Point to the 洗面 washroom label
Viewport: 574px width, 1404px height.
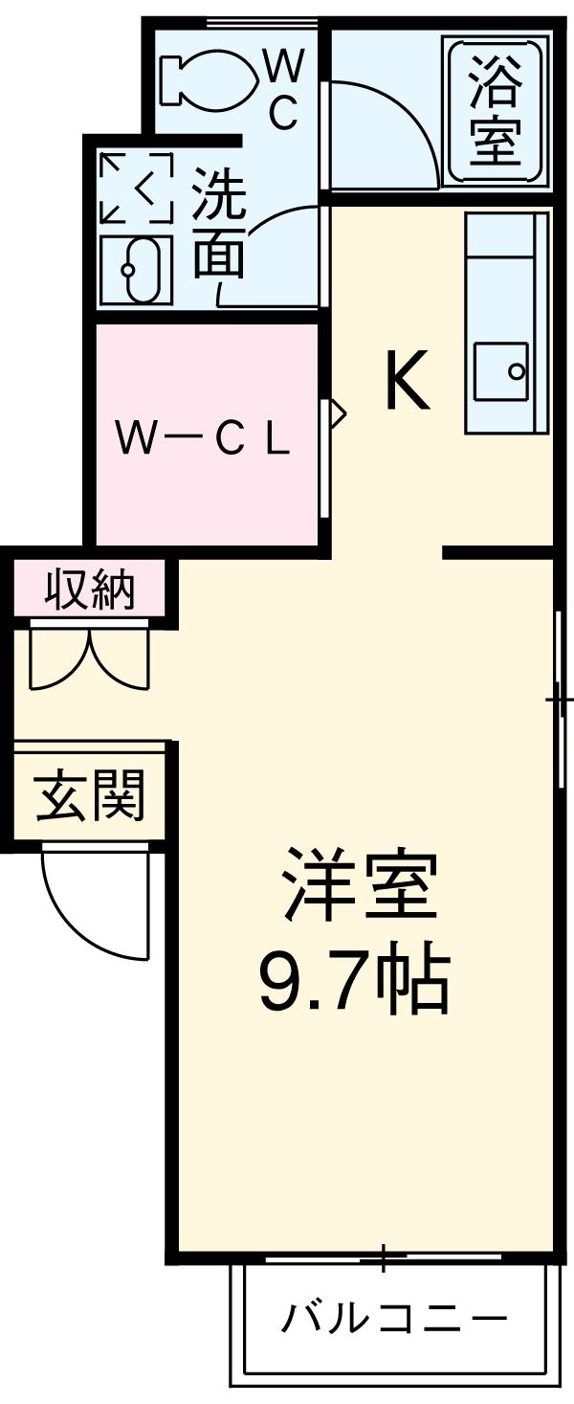pos(219,223)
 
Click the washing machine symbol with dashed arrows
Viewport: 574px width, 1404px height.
pos(136,187)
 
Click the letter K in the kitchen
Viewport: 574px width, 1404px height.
pos(406,380)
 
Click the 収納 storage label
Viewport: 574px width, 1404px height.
pos(91,591)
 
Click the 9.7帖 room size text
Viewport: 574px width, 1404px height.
pos(354,981)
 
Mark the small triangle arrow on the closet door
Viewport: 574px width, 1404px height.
pos(337,413)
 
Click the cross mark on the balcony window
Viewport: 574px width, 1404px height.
pos(383,1256)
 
